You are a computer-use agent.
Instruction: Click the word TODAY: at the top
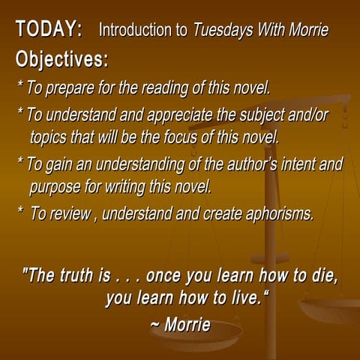(49, 30)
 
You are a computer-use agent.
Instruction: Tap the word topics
(52, 137)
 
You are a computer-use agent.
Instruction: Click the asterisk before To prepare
(19, 85)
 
